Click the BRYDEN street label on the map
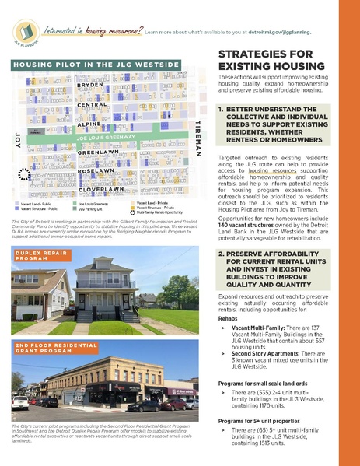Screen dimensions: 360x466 [x=90, y=84]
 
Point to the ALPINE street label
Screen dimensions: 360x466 [x=89, y=124]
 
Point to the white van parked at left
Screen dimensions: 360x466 [x=19, y=402]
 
